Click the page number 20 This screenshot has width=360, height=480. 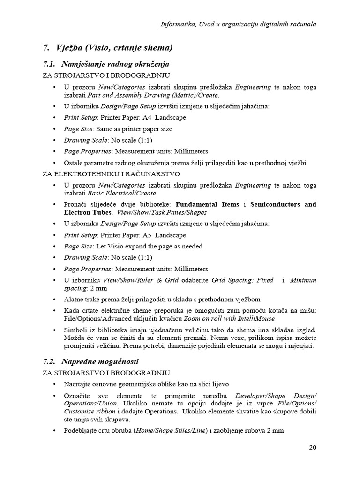pyautogui.click(x=313, y=447)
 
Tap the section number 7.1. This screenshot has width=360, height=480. pyautogui.click(x=49, y=64)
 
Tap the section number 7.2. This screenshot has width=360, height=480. pyautogui.click(x=49, y=362)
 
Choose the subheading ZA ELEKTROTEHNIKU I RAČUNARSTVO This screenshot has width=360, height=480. pyautogui.click(x=111, y=174)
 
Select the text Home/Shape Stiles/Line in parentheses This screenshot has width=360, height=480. pyautogui.click(x=170, y=431)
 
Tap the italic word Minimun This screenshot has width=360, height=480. pyautogui.click(x=303, y=280)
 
